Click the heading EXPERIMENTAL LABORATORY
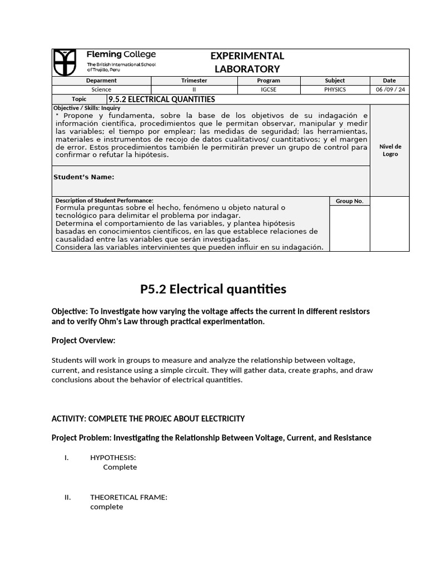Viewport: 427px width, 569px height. pyautogui.click(x=247, y=62)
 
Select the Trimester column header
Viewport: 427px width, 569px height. pyautogui.click(x=194, y=81)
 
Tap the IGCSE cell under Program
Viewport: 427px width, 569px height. pyautogui.click(x=269, y=89)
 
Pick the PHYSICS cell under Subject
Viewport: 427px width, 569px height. pyautogui.click(x=335, y=89)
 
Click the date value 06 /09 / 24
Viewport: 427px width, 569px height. pyautogui.click(x=390, y=89)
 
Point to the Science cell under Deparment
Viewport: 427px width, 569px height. pyautogui.click(x=101, y=89)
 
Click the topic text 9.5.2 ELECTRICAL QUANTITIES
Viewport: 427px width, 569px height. pyautogui.click(x=161, y=99)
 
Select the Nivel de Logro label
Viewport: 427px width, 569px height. pyautogui.click(x=390, y=150)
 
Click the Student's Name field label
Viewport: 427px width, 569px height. pyautogui.click(x=83, y=177)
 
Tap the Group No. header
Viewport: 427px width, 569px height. pyautogui.click(x=350, y=201)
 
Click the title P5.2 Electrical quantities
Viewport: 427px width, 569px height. pyautogui.click(x=213, y=289)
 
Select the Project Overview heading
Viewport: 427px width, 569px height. pyautogui.click(x=83, y=340)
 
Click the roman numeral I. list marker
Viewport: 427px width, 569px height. pyautogui.click(x=67, y=457)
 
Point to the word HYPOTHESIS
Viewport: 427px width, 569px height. pyautogui.click(x=113, y=457)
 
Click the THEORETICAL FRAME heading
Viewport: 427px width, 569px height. pyautogui.click(x=128, y=497)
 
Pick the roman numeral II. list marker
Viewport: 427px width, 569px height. pyautogui.click(x=68, y=497)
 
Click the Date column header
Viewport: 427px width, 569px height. pyautogui.click(x=390, y=81)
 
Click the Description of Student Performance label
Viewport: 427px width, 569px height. pyautogui.click(x=103, y=201)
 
